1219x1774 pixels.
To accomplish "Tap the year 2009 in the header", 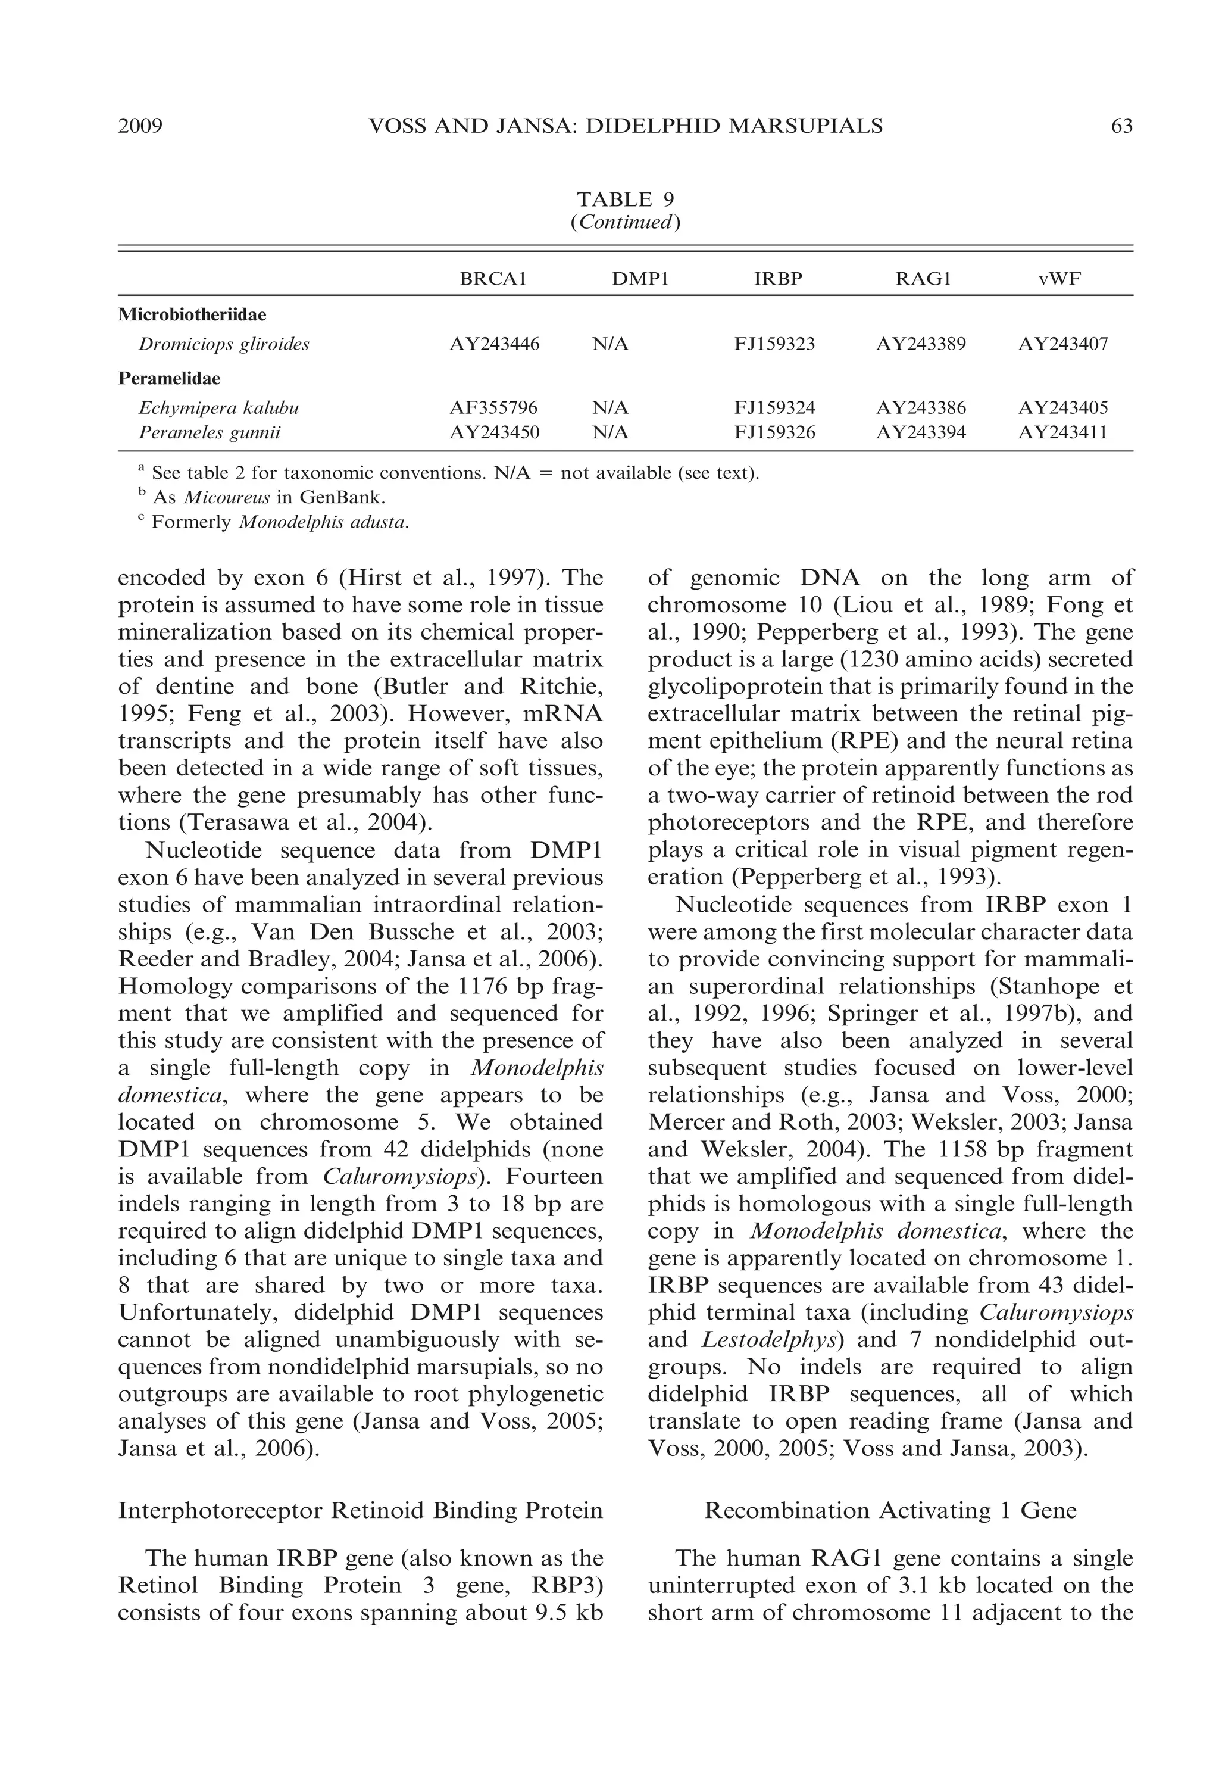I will click(140, 126).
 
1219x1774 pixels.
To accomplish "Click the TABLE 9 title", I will click(625, 199).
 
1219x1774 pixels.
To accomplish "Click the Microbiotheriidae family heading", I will click(192, 315).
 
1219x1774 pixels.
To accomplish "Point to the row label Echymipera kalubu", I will click(218, 408).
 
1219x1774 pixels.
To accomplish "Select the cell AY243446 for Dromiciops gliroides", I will click(494, 345).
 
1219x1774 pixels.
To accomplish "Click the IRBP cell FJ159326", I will click(774, 433).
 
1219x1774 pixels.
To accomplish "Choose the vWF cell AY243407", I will click(1062, 345).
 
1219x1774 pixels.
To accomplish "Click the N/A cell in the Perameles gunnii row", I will click(610, 433).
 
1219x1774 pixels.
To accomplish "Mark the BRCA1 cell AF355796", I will click(493, 408).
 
